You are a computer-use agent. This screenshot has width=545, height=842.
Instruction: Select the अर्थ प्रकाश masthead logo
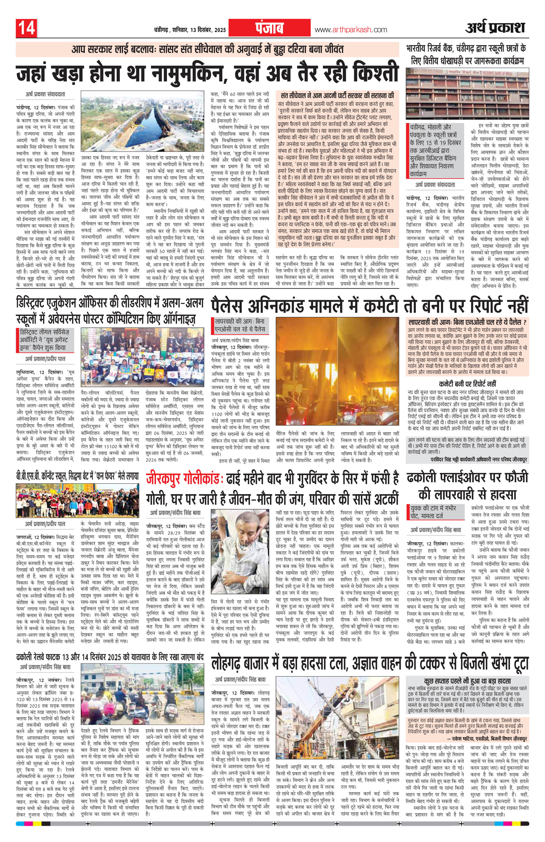click(495, 28)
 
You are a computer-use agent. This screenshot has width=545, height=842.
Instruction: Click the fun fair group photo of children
click(77, 501)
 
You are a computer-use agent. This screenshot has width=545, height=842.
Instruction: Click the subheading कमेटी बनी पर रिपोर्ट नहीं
click(467, 384)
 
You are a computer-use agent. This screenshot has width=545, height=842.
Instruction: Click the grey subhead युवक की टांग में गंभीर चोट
click(433, 512)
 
